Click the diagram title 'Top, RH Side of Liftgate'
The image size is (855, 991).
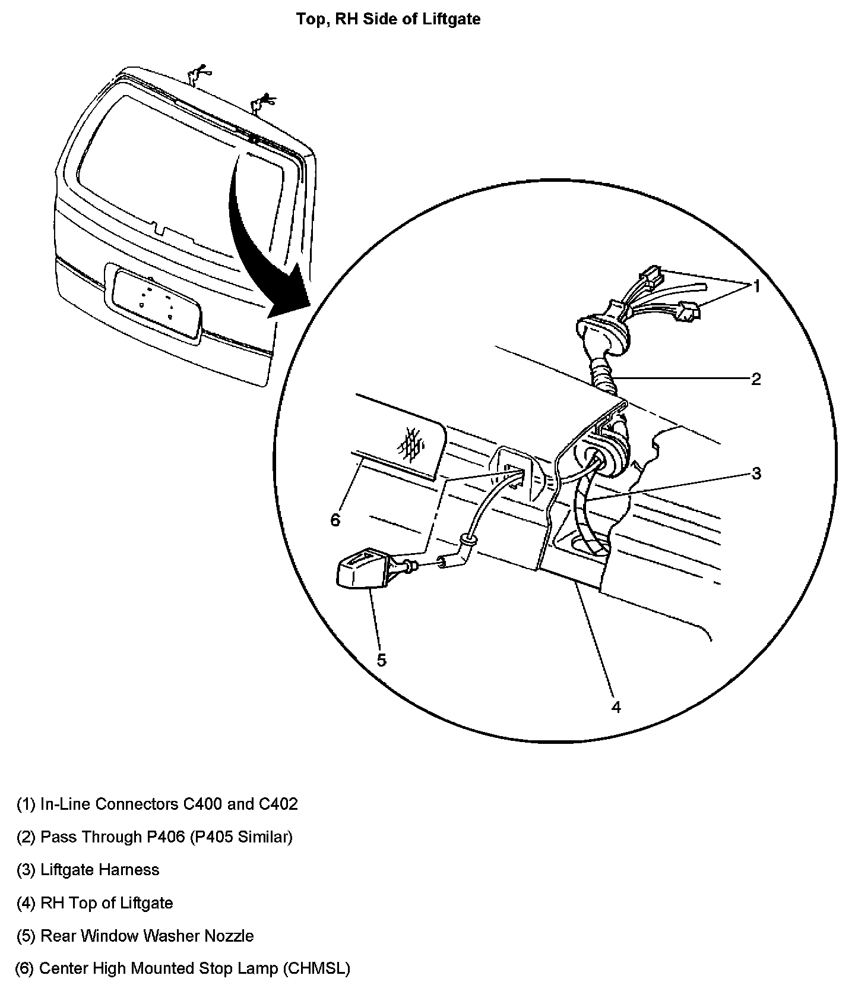(x=388, y=19)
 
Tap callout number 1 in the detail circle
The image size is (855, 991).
(x=756, y=286)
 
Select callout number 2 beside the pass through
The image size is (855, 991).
(x=755, y=379)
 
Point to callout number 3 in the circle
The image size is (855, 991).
(x=756, y=474)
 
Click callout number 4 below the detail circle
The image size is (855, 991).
(x=616, y=707)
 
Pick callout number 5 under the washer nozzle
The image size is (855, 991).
(x=381, y=660)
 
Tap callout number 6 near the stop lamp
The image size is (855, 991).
(x=335, y=520)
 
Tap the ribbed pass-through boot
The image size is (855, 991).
(x=604, y=375)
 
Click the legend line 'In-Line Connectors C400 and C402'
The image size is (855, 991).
(x=157, y=804)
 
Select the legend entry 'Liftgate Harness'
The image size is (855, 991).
(x=88, y=870)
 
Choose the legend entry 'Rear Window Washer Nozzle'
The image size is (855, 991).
(x=135, y=936)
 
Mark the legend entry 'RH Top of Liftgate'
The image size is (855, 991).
(x=94, y=903)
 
